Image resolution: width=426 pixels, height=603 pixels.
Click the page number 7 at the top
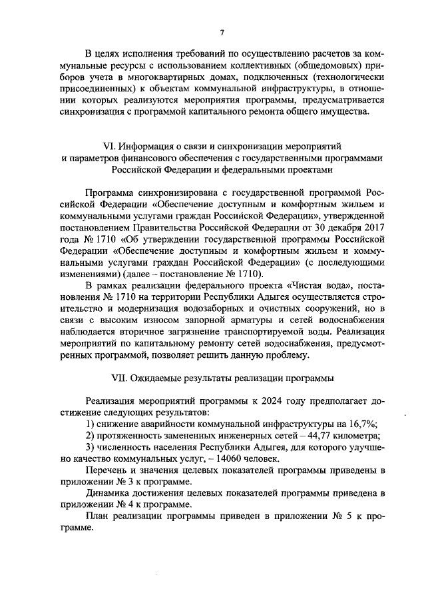tap(222, 30)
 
